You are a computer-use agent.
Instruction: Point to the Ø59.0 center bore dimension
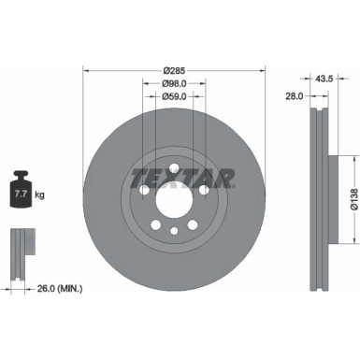174,95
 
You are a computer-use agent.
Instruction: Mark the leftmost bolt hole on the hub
144,191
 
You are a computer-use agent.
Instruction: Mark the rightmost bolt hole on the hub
204,191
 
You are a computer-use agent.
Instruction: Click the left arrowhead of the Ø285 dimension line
87,70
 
